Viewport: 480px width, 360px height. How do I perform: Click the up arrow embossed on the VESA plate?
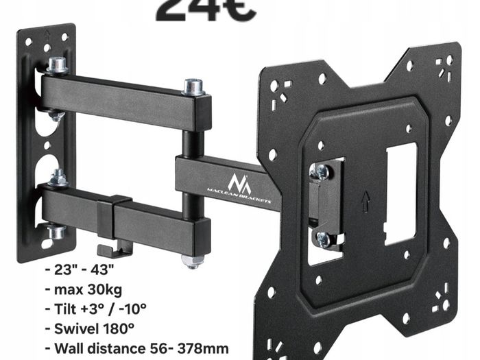click(x=365, y=200)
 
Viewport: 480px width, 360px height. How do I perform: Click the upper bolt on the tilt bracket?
click(x=320, y=171)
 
